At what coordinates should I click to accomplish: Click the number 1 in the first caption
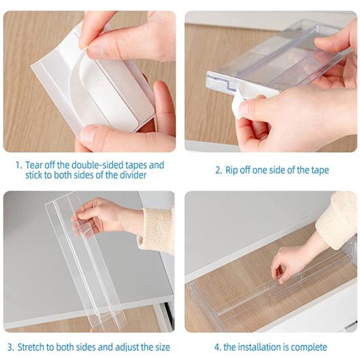[19, 165]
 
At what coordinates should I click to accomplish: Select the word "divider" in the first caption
[130, 175]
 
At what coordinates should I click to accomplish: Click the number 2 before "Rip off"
[218, 170]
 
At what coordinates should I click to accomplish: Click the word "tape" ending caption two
[319, 170]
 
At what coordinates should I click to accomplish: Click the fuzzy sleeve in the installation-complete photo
[338, 219]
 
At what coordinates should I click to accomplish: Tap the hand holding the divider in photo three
[105, 216]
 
